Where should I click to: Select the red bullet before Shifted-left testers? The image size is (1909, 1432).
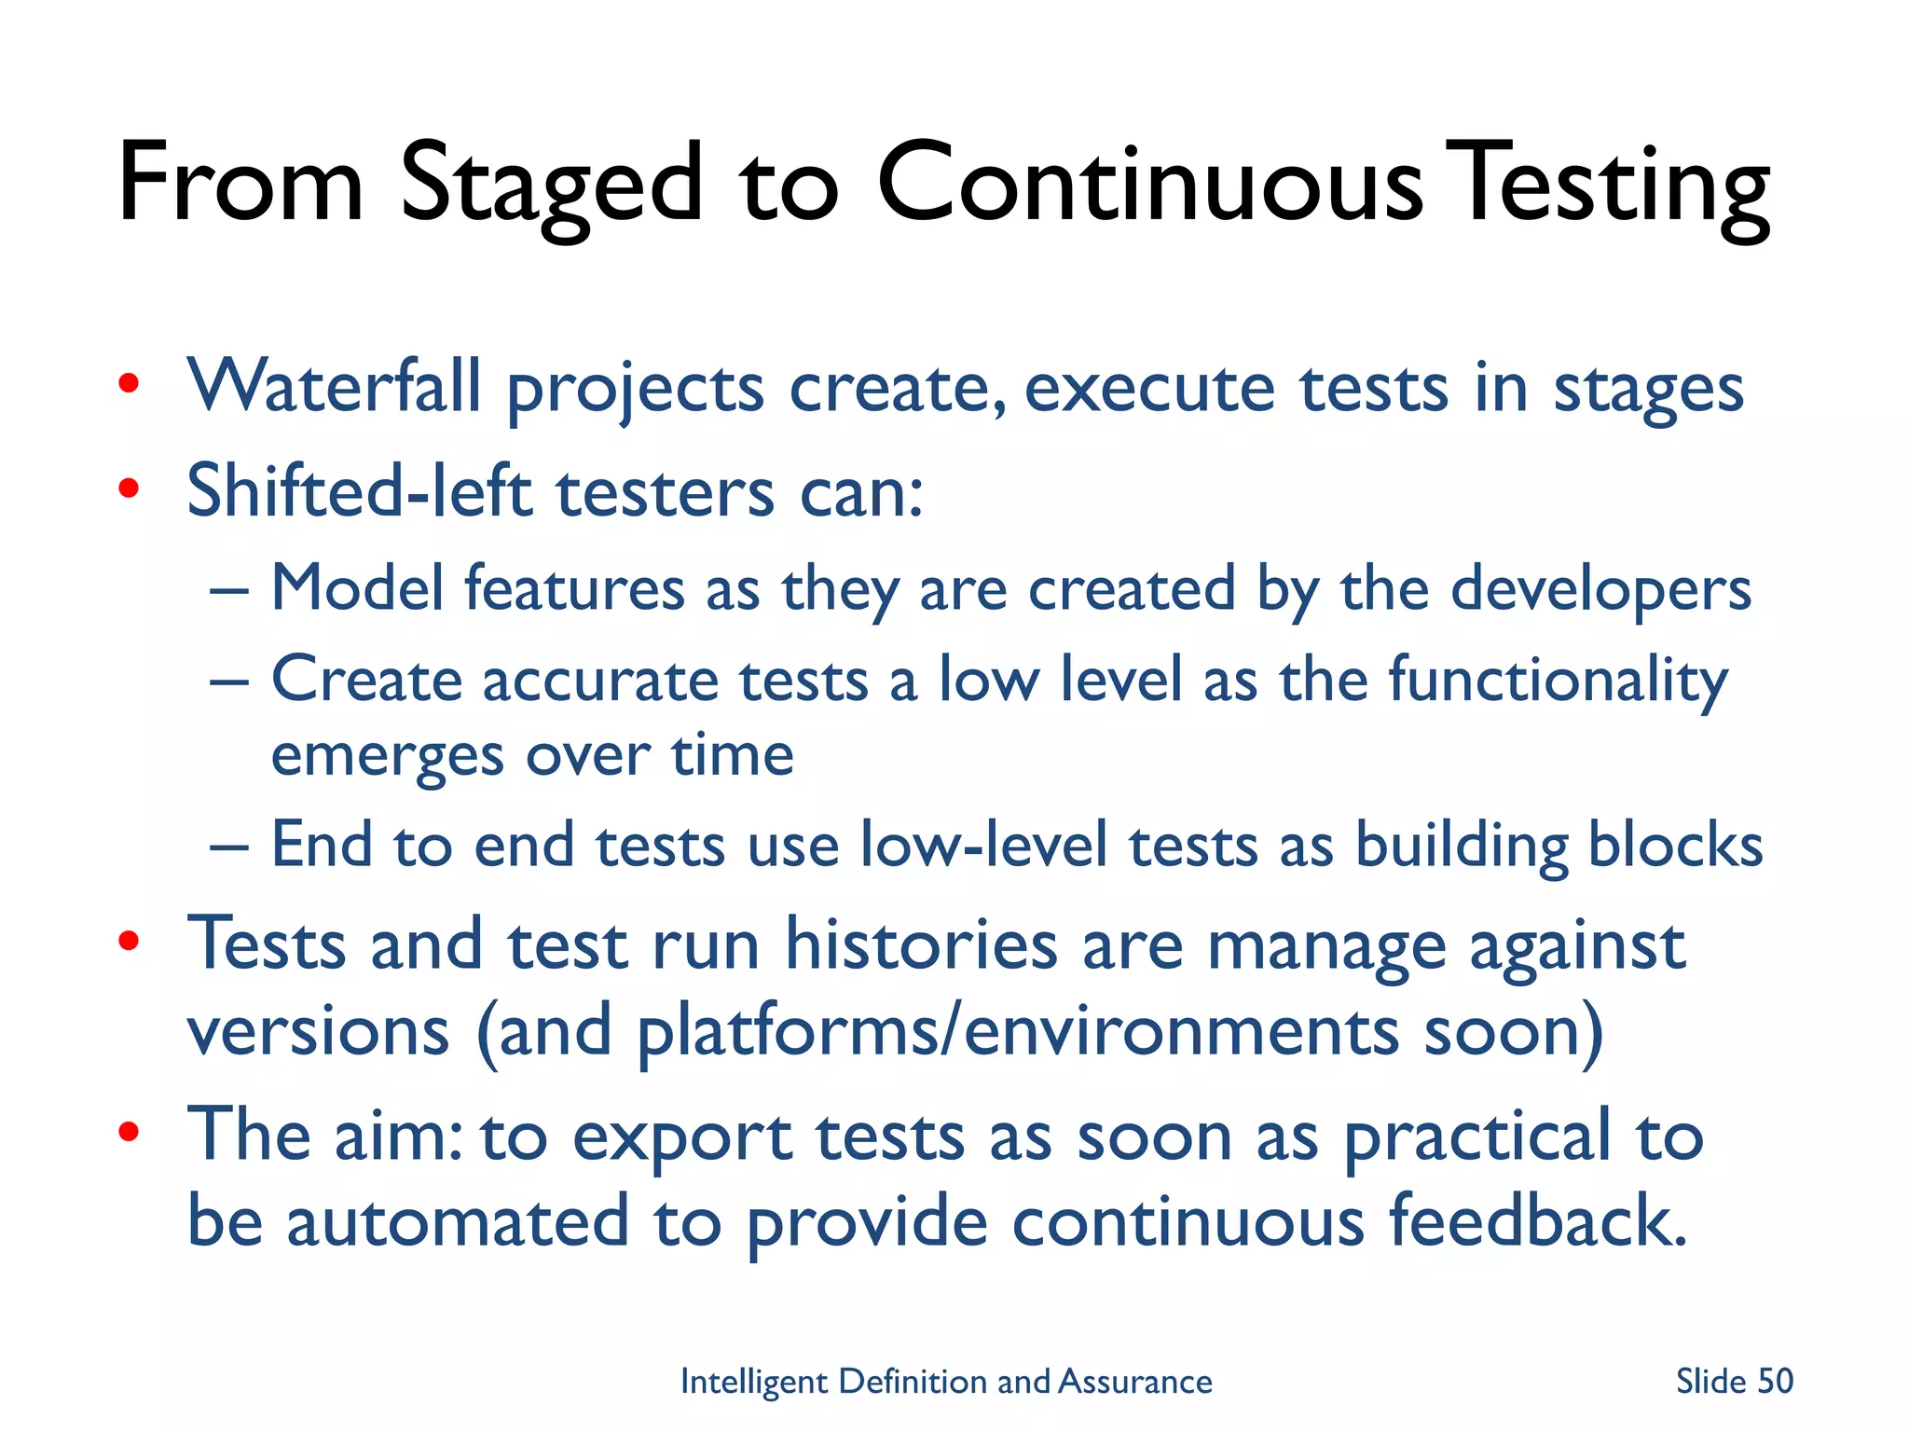(x=129, y=488)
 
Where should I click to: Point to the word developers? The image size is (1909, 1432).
(x=1600, y=590)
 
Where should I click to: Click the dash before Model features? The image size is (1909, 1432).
(x=229, y=591)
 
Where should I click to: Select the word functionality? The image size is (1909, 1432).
(x=1558, y=681)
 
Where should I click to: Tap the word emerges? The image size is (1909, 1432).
(x=386, y=755)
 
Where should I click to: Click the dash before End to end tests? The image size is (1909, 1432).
(x=229, y=847)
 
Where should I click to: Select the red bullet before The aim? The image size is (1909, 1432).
(x=129, y=1132)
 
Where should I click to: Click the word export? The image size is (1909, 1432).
(x=681, y=1137)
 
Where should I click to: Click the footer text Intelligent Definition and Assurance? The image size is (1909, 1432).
(x=946, y=1381)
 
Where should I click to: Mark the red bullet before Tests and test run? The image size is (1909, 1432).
(x=129, y=941)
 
